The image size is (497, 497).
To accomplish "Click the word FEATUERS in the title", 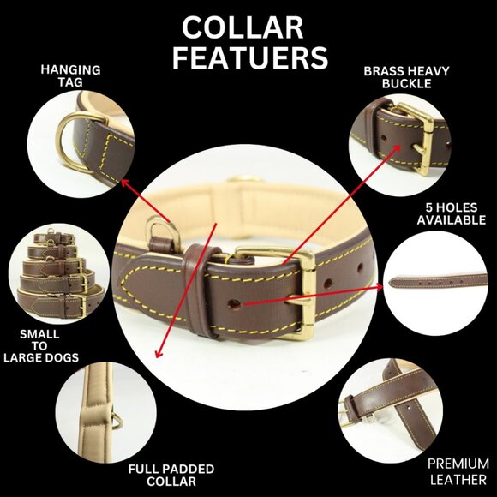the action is pyautogui.click(x=250, y=57).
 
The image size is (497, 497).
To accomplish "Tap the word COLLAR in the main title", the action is pyautogui.click(x=243, y=28).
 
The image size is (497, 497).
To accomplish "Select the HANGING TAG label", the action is pyautogui.click(x=70, y=75).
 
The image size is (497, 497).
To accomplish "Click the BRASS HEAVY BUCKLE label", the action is pyautogui.click(x=406, y=77).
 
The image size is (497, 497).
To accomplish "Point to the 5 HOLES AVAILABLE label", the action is pyautogui.click(x=452, y=213).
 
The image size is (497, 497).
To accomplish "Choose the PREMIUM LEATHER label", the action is pyautogui.click(x=458, y=471).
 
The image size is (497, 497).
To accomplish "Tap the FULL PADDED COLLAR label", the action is pyautogui.click(x=171, y=475).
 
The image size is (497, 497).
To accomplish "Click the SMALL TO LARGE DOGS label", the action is pyautogui.click(x=41, y=346).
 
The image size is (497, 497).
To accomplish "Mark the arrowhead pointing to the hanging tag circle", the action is pyautogui.click(x=124, y=183).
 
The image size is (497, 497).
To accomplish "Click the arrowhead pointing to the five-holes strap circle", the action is pyautogui.click(x=379, y=287).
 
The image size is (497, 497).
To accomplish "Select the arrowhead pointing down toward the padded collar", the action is pyautogui.click(x=159, y=354).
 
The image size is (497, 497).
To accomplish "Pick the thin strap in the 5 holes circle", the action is pyautogui.click(x=437, y=281).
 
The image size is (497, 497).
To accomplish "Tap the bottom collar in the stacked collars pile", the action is pyautogui.click(x=60, y=303).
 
